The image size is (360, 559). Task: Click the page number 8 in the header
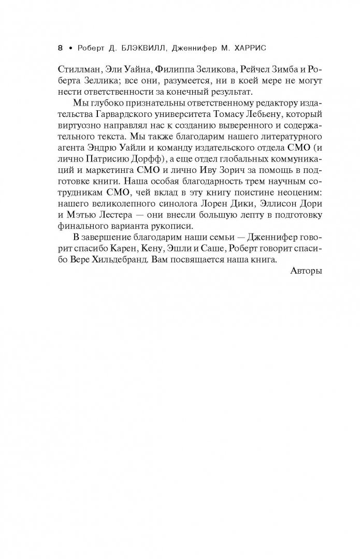point(60,48)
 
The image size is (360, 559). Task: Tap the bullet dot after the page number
point(69,48)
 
